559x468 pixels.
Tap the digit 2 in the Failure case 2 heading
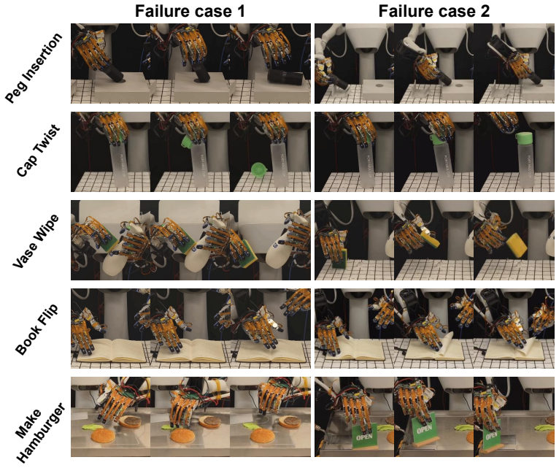coord(485,11)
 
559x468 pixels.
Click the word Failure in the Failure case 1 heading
coord(158,11)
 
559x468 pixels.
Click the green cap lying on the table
coord(258,169)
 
